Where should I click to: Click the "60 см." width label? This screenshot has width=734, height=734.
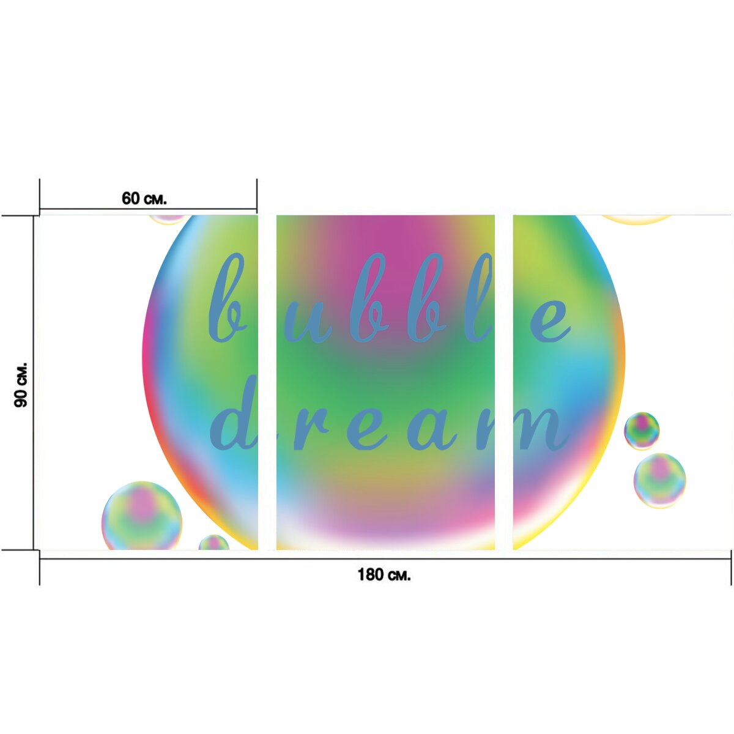click(144, 198)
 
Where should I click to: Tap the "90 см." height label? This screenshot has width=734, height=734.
click(21, 385)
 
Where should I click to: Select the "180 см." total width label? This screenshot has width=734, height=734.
click(384, 574)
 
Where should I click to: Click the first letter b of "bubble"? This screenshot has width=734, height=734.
click(228, 297)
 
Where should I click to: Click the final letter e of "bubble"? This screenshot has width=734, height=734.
click(551, 321)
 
